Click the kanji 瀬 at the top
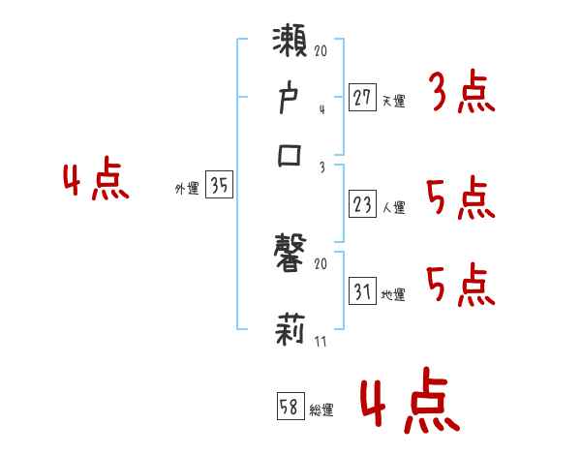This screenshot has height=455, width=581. [290, 45]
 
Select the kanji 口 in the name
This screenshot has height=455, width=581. [290, 155]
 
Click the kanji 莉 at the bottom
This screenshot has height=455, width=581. [290, 332]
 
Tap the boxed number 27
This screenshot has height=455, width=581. [362, 97]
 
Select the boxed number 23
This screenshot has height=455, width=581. [362, 204]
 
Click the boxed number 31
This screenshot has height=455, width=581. [362, 291]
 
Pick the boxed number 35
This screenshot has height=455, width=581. [220, 187]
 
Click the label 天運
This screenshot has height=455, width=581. [393, 101]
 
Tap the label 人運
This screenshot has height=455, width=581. [393, 207]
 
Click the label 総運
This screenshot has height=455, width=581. [322, 410]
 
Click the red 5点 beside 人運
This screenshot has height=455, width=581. [461, 200]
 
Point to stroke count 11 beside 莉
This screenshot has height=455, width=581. [320, 342]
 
